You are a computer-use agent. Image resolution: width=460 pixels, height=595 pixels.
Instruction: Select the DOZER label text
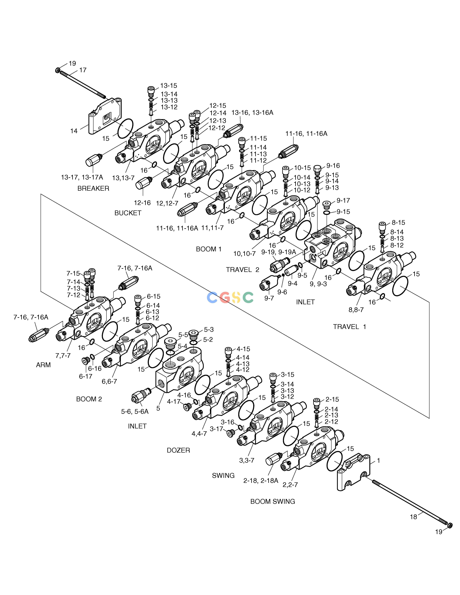coord(178,450)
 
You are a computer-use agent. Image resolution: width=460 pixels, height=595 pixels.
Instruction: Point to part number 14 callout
coord(74,131)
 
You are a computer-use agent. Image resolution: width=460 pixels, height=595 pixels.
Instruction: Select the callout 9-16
coord(333,166)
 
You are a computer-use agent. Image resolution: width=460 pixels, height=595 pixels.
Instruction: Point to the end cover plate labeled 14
coord(105,116)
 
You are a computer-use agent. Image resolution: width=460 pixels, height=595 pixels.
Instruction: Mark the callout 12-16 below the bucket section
coord(142,203)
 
